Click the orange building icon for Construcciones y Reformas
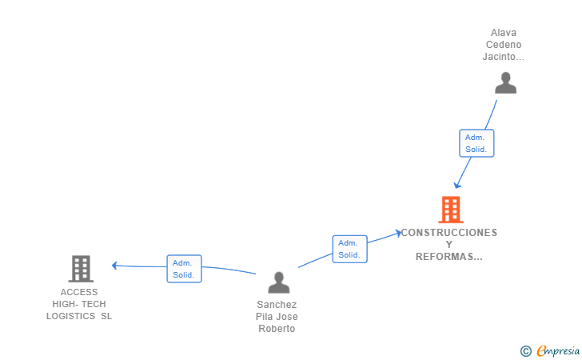click(451, 210)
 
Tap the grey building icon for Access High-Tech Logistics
click(81, 269)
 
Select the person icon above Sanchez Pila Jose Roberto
click(278, 282)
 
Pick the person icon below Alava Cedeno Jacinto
click(505, 83)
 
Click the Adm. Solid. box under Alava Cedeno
click(476, 143)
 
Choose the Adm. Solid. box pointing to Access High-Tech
click(184, 269)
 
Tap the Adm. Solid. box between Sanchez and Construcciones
click(349, 249)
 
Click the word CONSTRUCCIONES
click(448, 233)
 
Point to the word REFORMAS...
click(449, 257)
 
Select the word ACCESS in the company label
click(79, 292)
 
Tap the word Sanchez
click(277, 305)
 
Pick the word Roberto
click(277, 329)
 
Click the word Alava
click(504, 34)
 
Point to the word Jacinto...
click(503, 57)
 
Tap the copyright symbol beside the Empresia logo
click(525, 350)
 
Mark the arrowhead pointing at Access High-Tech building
click(115, 265)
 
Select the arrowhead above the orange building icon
click(457, 185)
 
